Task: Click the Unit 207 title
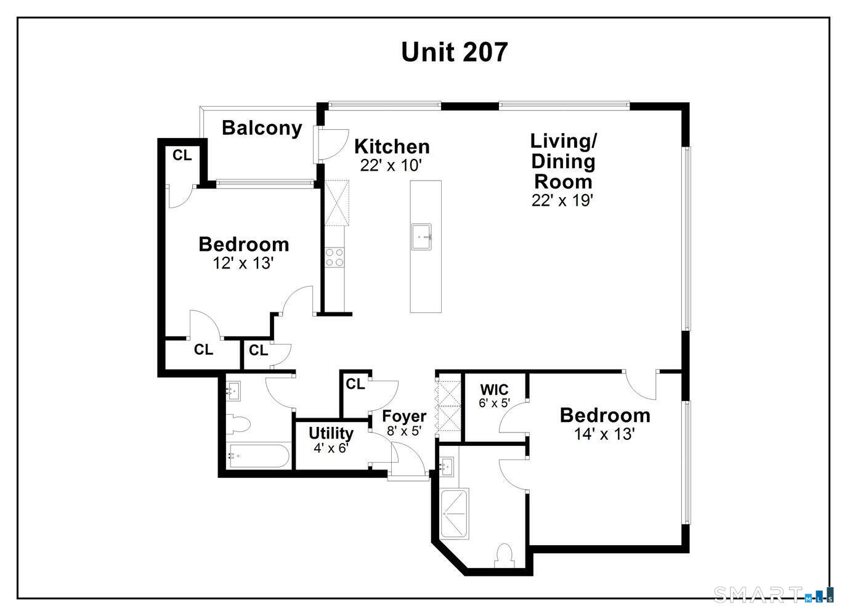pos(454,52)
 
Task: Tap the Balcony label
pos(262,128)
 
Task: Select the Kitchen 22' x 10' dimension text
pos(391,165)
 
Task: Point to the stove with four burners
pos(335,257)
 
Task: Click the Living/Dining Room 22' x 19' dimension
pos(562,200)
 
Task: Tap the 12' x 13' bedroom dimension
pos(243,264)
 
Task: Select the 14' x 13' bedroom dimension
pos(604,434)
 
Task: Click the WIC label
pos(494,390)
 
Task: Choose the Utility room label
pos(331,433)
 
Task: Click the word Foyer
pos(404,416)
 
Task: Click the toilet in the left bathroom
pos(238,424)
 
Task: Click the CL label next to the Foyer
pos(355,384)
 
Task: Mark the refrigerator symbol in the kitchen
pos(337,203)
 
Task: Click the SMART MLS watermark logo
pos(773,594)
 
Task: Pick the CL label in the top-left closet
pos(182,156)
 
